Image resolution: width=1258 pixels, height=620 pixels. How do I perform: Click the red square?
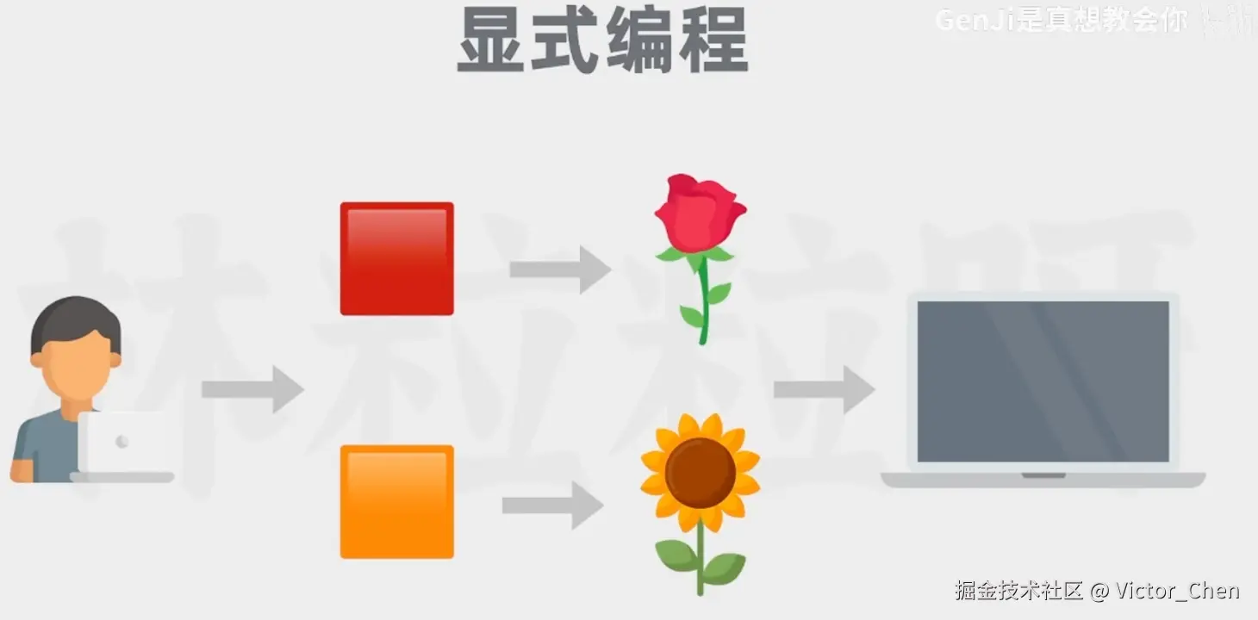click(x=396, y=258)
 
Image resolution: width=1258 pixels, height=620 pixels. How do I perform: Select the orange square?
click(x=396, y=501)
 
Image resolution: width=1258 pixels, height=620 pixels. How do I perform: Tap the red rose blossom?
click(x=699, y=211)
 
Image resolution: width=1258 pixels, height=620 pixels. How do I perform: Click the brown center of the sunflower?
click(x=700, y=472)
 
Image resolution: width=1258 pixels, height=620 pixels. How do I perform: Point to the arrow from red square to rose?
click(x=560, y=270)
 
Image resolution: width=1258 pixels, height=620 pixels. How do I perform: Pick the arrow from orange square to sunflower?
click(x=552, y=505)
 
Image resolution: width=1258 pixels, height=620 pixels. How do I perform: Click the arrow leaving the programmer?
click(x=252, y=389)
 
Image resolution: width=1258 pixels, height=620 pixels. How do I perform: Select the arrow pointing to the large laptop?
click(x=824, y=389)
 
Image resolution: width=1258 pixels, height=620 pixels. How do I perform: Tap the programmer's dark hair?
click(x=75, y=319)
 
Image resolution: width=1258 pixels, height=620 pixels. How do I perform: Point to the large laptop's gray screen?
click(x=1043, y=381)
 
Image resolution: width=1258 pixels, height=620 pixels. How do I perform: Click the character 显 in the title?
click(x=491, y=41)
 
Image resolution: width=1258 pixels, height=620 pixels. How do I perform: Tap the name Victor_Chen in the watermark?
click(x=1177, y=591)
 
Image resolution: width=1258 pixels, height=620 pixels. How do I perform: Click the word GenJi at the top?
click(x=975, y=20)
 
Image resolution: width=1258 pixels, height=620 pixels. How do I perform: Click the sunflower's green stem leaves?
click(x=700, y=560)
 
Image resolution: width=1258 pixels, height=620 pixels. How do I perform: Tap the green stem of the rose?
click(x=704, y=301)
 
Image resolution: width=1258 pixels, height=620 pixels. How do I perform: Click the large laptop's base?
click(x=1043, y=480)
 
